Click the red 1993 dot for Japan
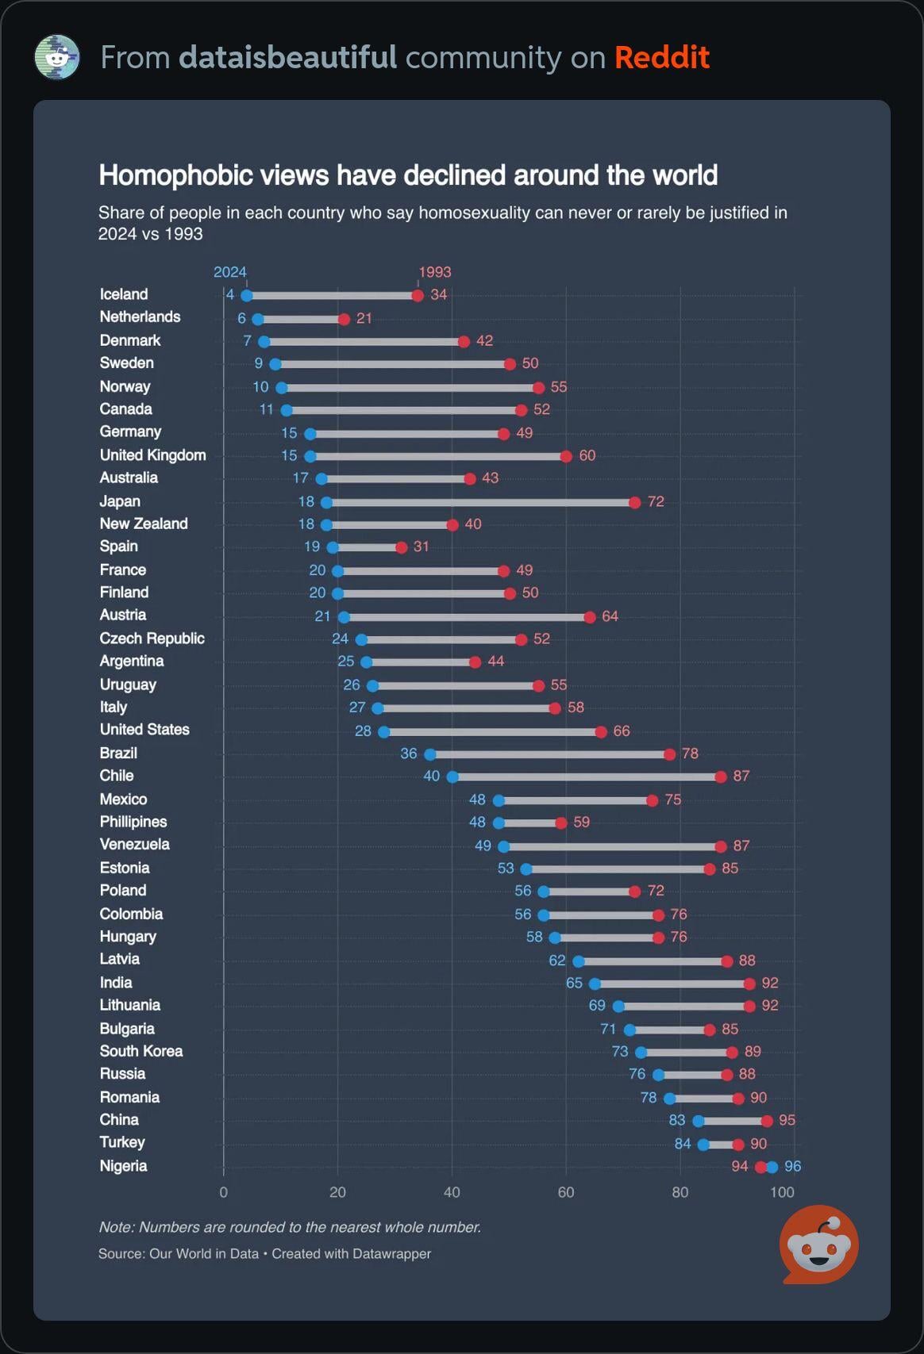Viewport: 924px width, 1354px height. [634, 502]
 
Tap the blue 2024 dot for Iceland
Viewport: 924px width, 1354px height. [246, 296]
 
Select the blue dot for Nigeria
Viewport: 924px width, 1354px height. [772, 1168]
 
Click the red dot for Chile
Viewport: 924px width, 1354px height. [720, 777]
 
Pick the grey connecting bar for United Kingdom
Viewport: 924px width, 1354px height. [438, 456]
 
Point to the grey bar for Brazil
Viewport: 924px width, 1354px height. [549, 754]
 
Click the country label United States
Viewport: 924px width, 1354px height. [144, 730]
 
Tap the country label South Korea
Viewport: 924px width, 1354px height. [141, 1051]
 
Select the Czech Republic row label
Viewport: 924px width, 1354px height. [152, 639]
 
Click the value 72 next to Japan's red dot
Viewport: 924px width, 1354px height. [656, 502]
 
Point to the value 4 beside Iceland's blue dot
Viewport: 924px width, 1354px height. [230, 294]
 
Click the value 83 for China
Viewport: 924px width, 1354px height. [676, 1120]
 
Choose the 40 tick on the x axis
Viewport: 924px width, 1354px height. [452, 1193]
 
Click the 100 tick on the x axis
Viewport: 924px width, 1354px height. [782, 1193]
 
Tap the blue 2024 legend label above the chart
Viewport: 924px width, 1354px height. [230, 272]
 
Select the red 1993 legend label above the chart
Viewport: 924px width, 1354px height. [434, 272]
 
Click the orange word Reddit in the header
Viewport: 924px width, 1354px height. [662, 57]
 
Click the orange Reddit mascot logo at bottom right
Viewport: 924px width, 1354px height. [818, 1245]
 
